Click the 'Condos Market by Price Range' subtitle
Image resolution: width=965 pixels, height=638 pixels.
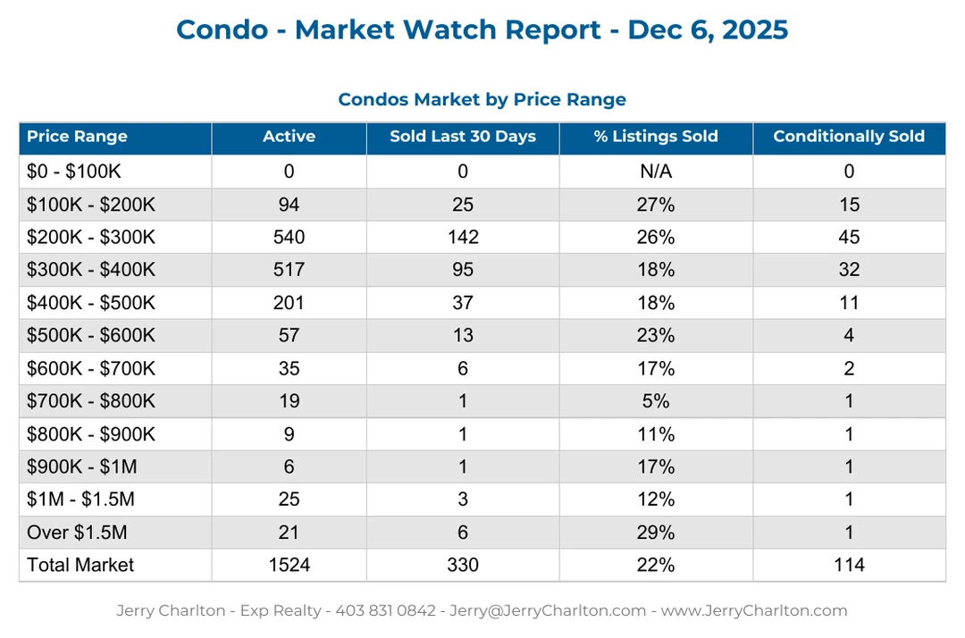tap(482, 99)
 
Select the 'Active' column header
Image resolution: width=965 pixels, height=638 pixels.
tap(289, 137)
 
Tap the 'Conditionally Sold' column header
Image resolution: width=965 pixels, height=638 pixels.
tap(848, 137)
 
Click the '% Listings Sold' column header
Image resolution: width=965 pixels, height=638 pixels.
tap(656, 137)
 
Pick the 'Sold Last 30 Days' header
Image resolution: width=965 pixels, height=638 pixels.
tap(463, 137)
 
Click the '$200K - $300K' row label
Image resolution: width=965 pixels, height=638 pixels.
tap(91, 237)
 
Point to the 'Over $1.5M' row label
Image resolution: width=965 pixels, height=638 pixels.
tap(77, 533)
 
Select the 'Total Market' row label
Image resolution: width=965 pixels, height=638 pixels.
tap(80, 565)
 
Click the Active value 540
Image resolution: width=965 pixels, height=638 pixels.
tap(289, 237)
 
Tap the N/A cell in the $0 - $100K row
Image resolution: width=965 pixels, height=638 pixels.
tap(656, 172)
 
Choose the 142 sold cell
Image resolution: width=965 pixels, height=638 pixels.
tap(463, 237)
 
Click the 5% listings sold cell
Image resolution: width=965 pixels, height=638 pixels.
tap(656, 401)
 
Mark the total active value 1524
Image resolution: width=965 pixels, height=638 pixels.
tap(289, 565)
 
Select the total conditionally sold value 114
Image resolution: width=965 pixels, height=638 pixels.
tap(848, 565)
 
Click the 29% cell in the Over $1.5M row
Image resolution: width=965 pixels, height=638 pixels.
tap(656, 533)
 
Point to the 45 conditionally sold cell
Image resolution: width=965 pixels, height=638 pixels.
tap(848, 237)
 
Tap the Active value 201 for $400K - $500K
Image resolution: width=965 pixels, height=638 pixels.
tap(289, 303)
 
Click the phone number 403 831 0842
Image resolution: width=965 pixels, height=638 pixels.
tap(385, 611)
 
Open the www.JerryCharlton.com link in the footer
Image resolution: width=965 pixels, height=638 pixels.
tap(753, 611)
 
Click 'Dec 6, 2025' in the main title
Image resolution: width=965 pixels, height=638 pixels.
tap(708, 29)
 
